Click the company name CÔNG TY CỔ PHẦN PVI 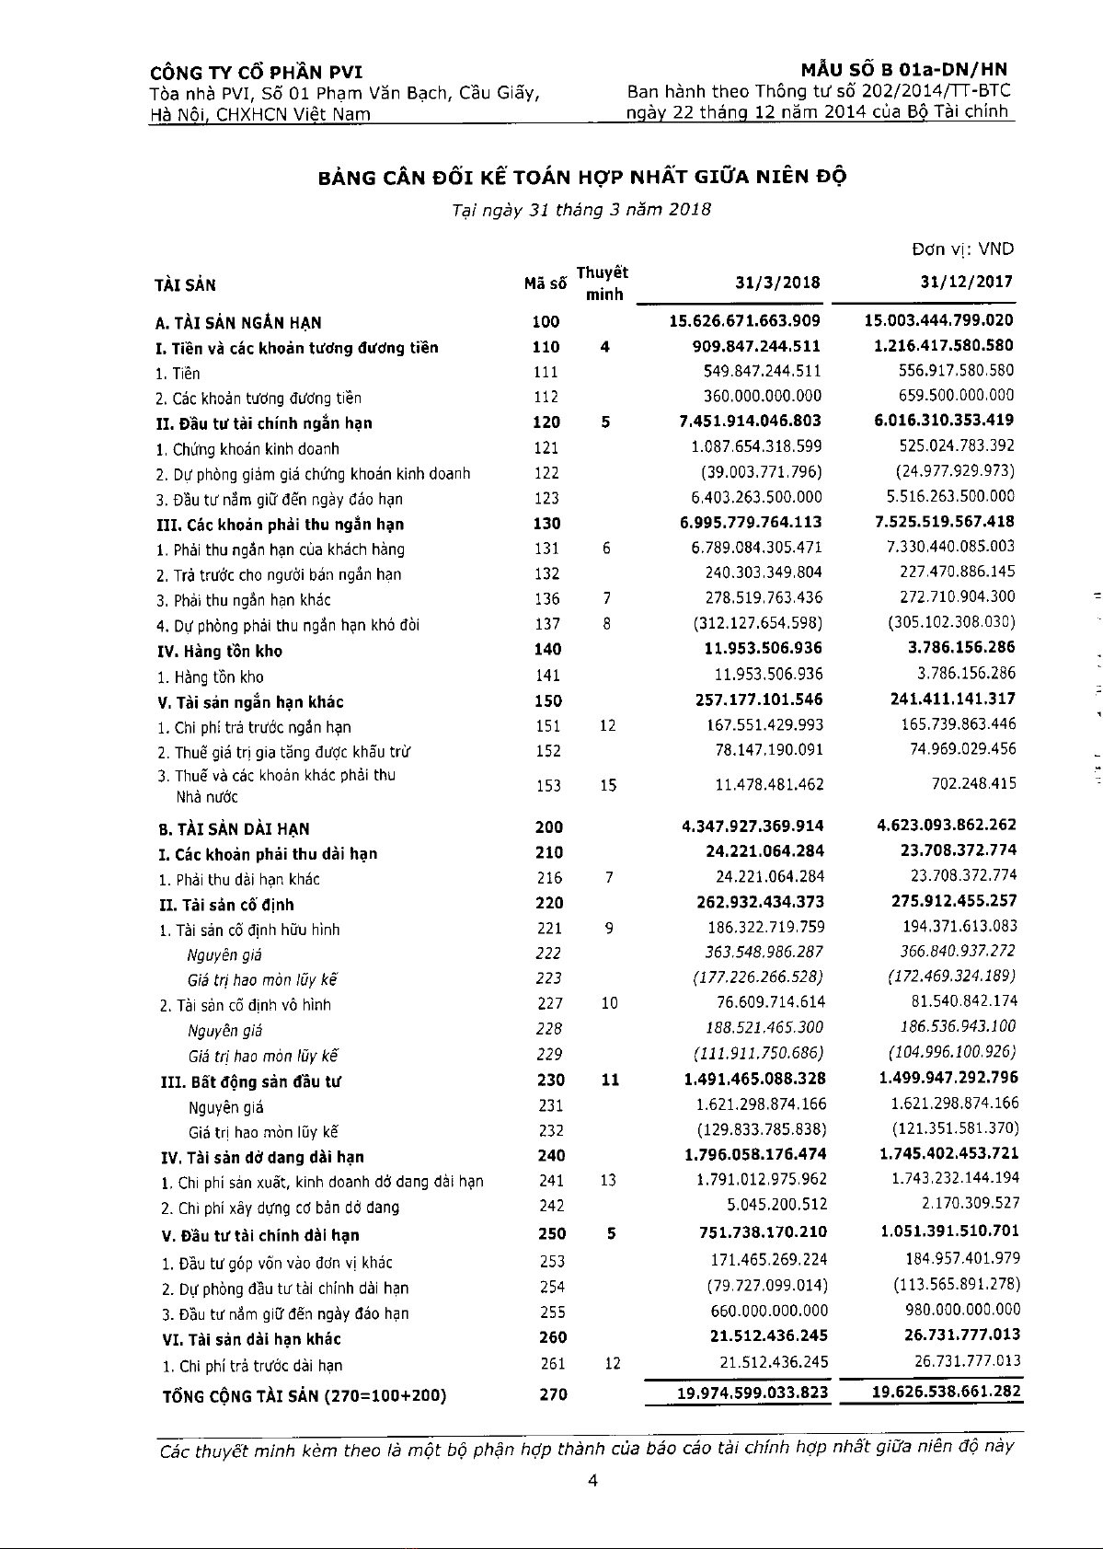(257, 73)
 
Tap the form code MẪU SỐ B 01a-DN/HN (904, 69)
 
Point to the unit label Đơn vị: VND (962, 249)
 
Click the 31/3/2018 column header (777, 283)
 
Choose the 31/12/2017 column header (966, 283)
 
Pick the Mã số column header (546, 284)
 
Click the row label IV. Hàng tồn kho (220, 651)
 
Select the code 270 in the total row (553, 1394)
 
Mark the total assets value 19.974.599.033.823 (753, 1393)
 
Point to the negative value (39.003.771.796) (756, 471)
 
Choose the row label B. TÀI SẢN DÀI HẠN (234, 828)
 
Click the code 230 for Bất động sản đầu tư (550, 1080)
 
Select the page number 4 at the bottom (592, 1481)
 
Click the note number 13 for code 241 (608, 1180)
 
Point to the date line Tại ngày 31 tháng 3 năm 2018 (581, 209)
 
